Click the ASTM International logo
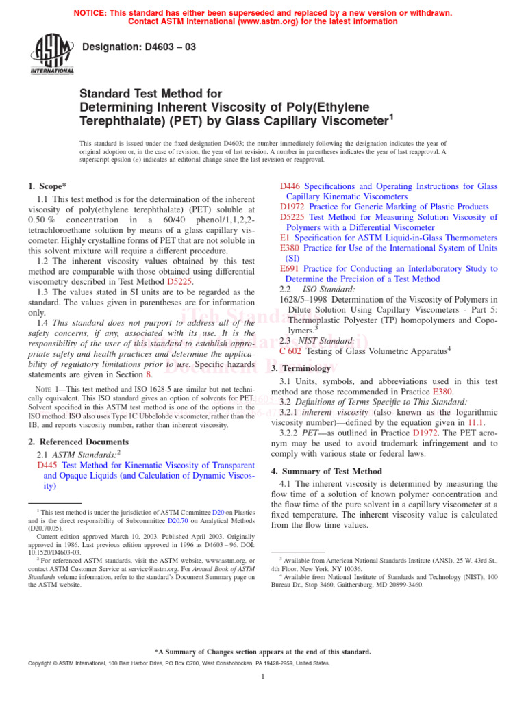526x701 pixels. click(x=52, y=55)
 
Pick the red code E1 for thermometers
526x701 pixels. click(x=285, y=238)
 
